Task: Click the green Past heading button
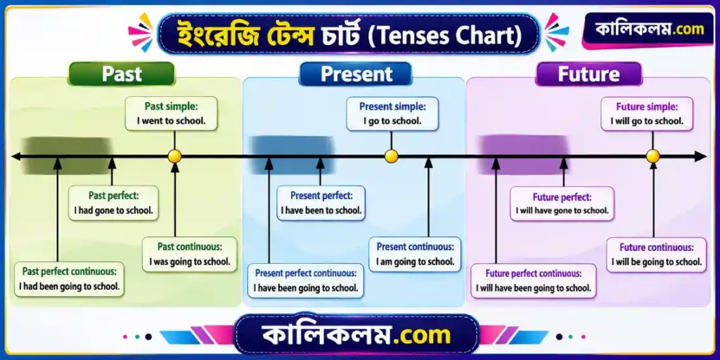[x=122, y=74]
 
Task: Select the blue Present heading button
[x=355, y=74]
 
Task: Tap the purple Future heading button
[x=589, y=74]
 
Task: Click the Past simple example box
[x=172, y=114]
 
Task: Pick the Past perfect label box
[x=113, y=203]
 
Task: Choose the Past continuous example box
[x=190, y=255]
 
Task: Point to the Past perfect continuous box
[x=70, y=279]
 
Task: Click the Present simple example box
[x=392, y=114]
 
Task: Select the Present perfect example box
[x=321, y=203]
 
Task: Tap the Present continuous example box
[x=415, y=255]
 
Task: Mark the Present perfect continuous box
[x=306, y=281]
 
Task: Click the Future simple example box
[x=647, y=114]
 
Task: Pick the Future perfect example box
[x=562, y=204]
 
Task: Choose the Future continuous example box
[x=657, y=255]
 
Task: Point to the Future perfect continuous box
[x=534, y=281]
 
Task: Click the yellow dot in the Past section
[x=174, y=157]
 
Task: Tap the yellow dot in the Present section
[x=391, y=157]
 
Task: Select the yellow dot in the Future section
[x=653, y=157]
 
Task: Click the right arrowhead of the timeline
[x=701, y=157]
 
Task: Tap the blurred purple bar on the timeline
[x=524, y=155]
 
